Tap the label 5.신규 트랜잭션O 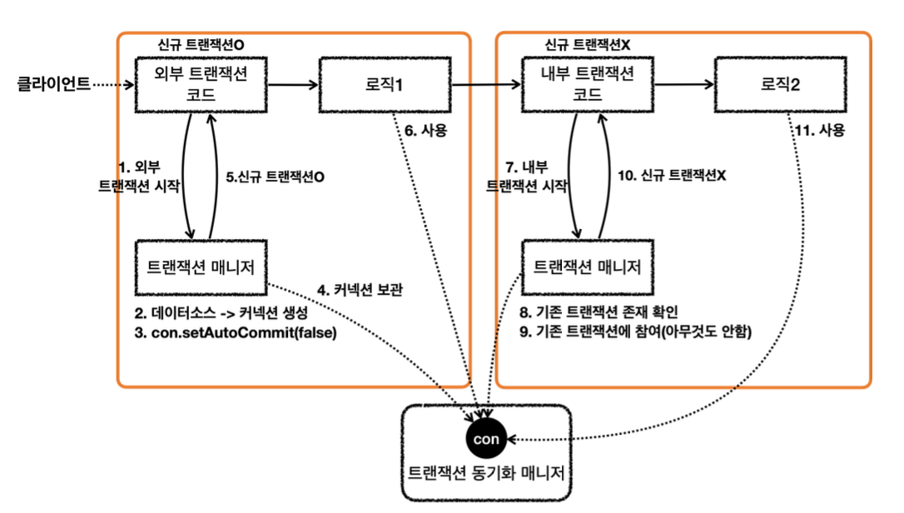(x=276, y=176)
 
